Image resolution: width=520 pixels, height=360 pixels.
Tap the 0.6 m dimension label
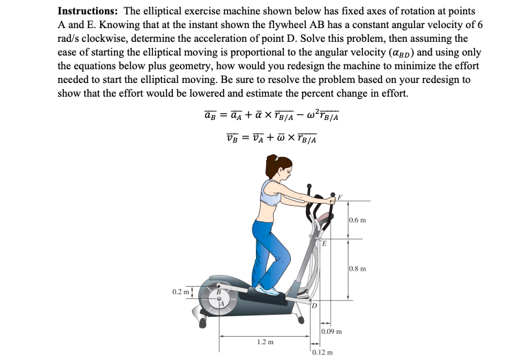pos(358,220)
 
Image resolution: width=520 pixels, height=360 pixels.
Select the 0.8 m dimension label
pos(358,268)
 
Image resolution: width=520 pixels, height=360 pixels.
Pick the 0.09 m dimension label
pos(331,332)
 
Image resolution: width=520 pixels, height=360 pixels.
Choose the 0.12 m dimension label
pos(321,352)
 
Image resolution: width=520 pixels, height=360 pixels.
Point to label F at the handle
pos(338,196)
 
